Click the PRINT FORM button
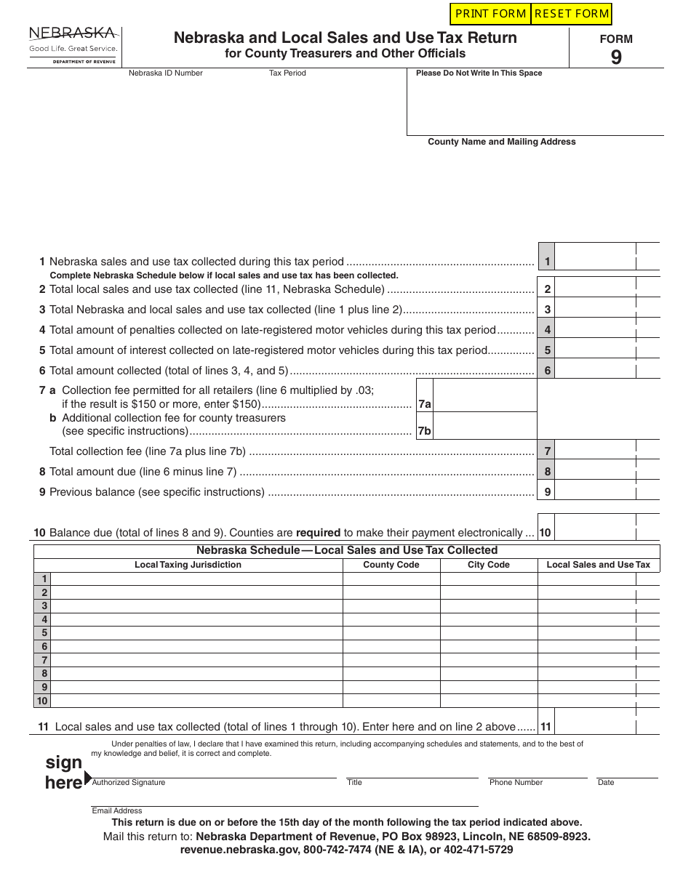(490, 14)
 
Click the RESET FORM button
(571, 14)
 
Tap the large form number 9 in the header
(616, 57)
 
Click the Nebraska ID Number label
(166, 73)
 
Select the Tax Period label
(287, 73)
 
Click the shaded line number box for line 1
(546, 262)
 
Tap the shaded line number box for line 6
(546, 371)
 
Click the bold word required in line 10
(318, 533)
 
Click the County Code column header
(391, 565)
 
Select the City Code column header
(489, 565)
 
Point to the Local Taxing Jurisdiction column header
(188, 565)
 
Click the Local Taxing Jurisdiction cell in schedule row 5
(196, 633)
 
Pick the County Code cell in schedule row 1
(391, 579)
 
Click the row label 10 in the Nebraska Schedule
(42, 701)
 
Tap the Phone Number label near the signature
(516, 783)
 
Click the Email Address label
(117, 810)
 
